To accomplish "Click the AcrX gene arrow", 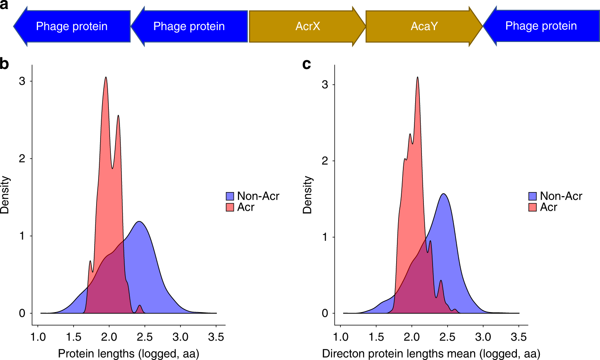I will [x=307, y=26].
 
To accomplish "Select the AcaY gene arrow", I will [x=424, y=26].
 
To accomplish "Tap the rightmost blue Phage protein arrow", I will [x=541, y=26].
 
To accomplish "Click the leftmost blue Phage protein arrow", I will [x=72, y=26].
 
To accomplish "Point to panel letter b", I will [x=4, y=64].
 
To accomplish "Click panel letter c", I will [x=306, y=64].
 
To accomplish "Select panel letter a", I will [x=4, y=5].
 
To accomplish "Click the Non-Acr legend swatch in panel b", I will [x=230, y=196].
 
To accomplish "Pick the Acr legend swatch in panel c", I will [x=533, y=207].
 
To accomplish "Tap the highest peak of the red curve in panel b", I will [x=106, y=78].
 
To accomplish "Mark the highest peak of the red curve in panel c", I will [x=418, y=78].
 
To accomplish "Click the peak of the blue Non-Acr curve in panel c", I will [x=444, y=194].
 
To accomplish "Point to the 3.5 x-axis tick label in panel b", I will [x=216, y=337].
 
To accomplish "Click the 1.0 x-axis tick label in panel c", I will [x=340, y=337].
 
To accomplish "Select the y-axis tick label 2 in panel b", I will [x=22, y=158].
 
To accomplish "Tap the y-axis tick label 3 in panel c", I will [x=325, y=84].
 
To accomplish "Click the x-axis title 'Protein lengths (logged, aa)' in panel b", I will [x=129, y=353].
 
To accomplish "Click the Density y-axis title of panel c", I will [x=307, y=194].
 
